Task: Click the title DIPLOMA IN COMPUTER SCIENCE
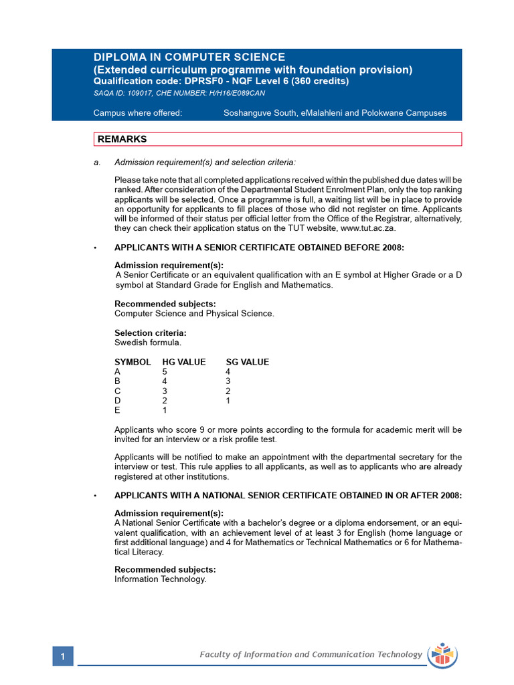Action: coord(189,58)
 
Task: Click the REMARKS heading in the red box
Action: coord(122,139)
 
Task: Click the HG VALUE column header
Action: coord(184,362)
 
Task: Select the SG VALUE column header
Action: coord(247,362)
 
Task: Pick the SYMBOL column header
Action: coord(133,362)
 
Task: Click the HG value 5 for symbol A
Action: coord(165,372)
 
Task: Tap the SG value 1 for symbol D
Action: coord(228,401)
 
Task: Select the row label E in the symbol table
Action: coord(118,410)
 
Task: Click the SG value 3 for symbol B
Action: coord(228,381)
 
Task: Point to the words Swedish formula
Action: coord(148,342)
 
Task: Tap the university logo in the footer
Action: coord(442,654)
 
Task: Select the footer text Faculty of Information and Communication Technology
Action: coord(311,654)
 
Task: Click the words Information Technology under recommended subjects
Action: coord(161,579)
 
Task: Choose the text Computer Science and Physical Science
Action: coord(194,313)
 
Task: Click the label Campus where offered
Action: coord(138,113)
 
